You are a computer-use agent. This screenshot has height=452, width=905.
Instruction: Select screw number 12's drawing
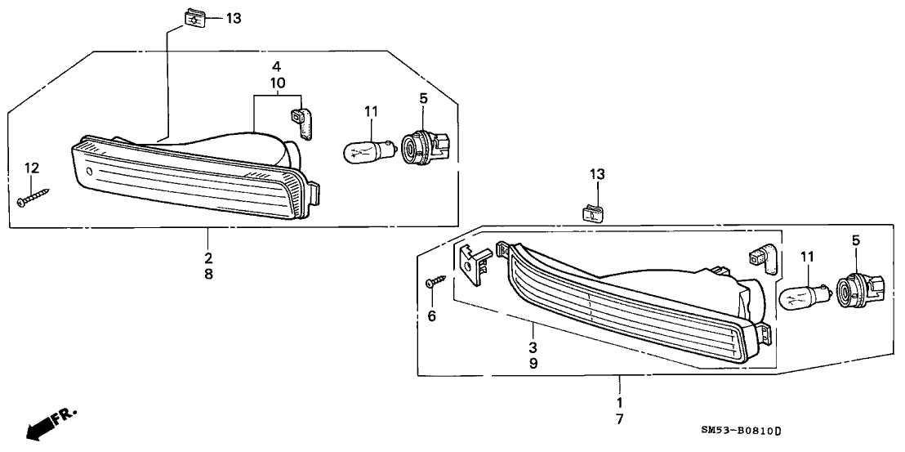pyautogui.click(x=33, y=197)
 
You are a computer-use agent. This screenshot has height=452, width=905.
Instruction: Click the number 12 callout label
pyautogui.click(x=31, y=168)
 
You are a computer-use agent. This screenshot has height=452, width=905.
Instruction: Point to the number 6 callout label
pyautogui.click(x=432, y=316)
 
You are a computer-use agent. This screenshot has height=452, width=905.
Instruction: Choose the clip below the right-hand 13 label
pyautogui.click(x=596, y=213)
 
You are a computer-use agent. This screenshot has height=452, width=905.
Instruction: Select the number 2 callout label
pyautogui.click(x=208, y=257)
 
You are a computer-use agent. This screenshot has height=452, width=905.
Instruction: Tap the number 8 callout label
pyautogui.click(x=208, y=275)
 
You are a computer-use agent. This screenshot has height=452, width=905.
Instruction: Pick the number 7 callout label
pyautogui.click(x=618, y=419)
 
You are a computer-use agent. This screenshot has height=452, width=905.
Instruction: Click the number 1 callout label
pyautogui.click(x=618, y=402)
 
